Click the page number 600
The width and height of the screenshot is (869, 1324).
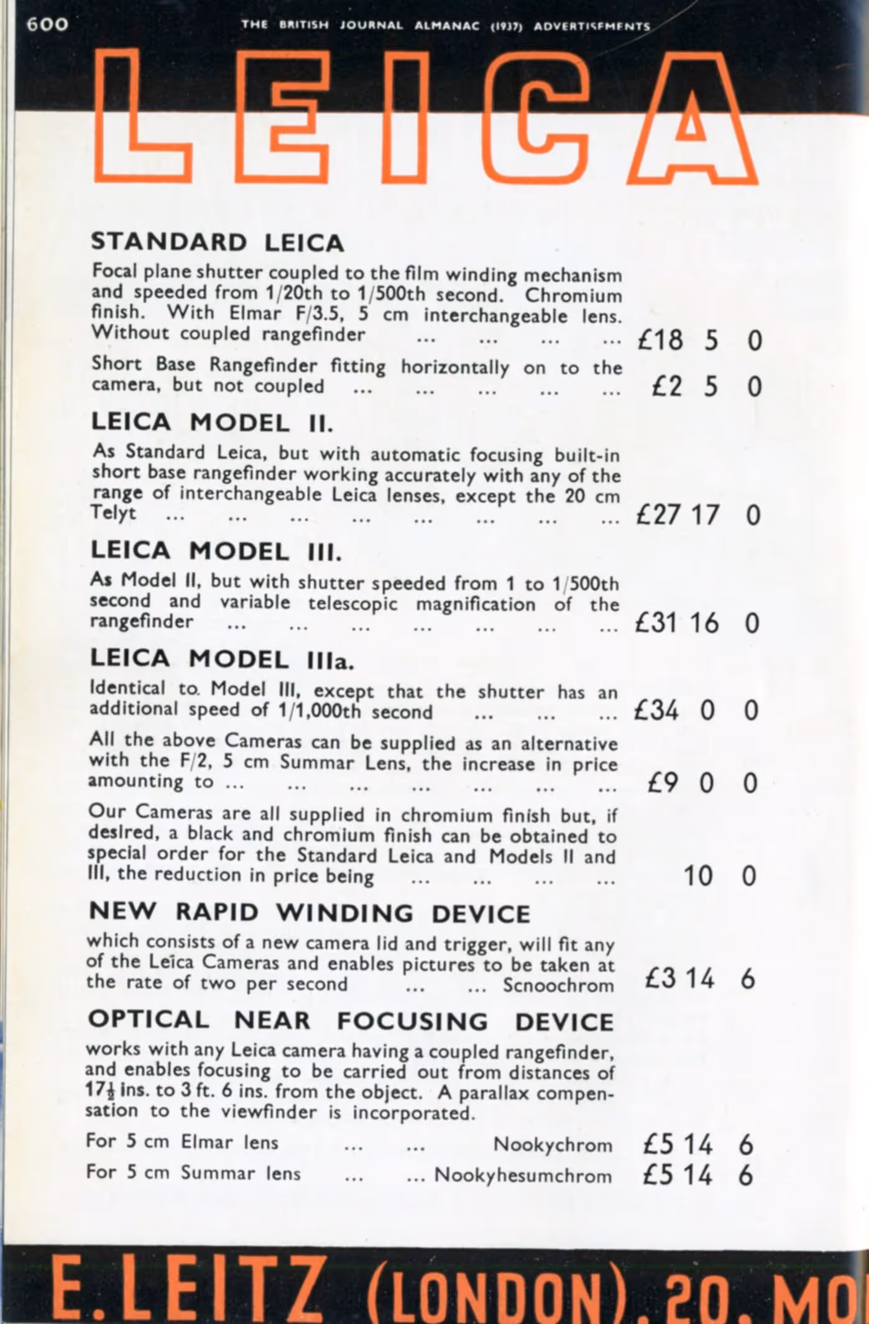click(x=47, y=24)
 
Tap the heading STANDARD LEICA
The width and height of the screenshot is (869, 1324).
click(x=217, y=242)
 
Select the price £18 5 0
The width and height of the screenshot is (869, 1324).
click(x=699, y=340)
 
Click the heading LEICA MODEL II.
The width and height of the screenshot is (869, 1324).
click(x=212, y=423)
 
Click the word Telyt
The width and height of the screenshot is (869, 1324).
click(x=113, y=513)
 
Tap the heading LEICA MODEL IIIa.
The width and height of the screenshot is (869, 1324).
click(x=221, y=659)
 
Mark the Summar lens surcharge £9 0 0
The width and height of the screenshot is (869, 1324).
click(x=702, y=783)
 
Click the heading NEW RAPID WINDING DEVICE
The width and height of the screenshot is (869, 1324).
click(x=310, y=913)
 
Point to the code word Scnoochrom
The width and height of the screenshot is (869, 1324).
click(x=558, y=985)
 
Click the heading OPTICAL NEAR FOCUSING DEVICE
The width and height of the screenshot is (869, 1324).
click(x=351, y=1021)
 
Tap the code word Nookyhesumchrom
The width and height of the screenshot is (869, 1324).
click(x=523, y=1175)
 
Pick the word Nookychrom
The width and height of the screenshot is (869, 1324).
click(x=553, y=1144)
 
